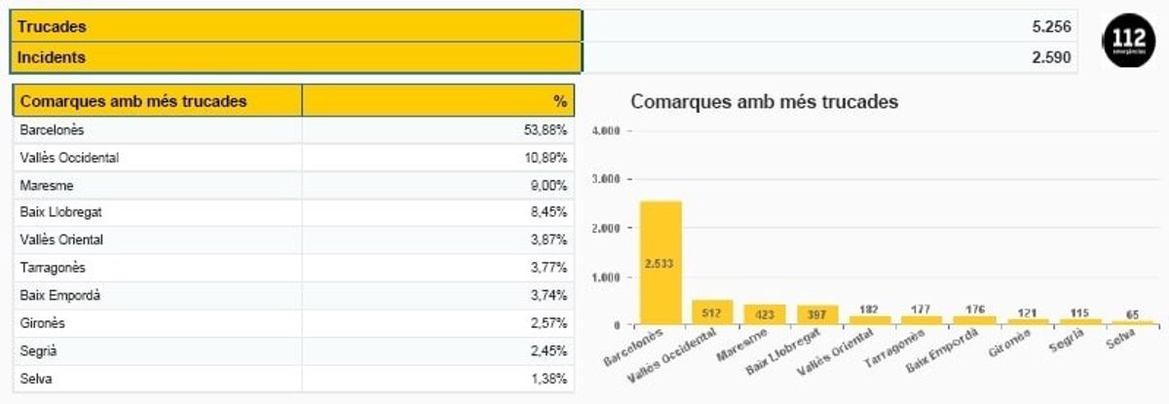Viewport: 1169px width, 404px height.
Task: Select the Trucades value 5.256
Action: click(x=1051, y=27)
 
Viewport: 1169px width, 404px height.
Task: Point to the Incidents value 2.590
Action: click(x=1051, y=57)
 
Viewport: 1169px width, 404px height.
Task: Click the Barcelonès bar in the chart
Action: click(x=660, y=263)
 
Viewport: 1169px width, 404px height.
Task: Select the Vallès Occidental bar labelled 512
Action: click(x=712, y=312)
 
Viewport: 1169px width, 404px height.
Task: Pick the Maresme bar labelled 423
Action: click(x=765, y=314)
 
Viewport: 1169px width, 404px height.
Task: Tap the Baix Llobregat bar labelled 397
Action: click(x=817, y=314)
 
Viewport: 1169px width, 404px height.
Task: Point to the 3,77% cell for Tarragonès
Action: click(x=548, y=268)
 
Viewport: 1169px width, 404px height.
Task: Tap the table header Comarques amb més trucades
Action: click(x=133, y=101)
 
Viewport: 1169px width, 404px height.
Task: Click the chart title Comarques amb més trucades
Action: click(x=765, y=101)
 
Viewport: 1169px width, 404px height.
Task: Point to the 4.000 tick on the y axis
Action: click(x=607, y=130)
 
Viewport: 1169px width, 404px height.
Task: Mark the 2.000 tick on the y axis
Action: click(x=607, y=228)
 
